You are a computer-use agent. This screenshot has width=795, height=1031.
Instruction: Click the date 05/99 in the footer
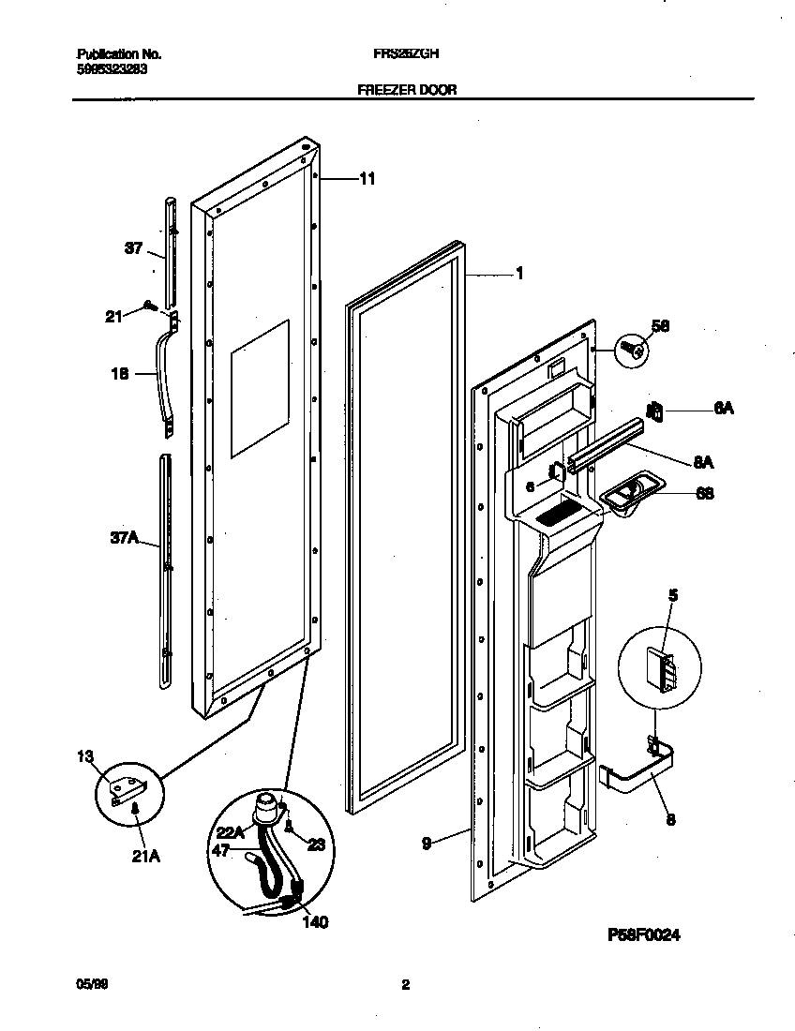coord(87,985)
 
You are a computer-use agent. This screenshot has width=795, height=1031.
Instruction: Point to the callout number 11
coord(367,178)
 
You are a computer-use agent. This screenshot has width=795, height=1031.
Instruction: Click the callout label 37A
coord(125,537)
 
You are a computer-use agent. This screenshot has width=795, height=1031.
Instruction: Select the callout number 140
coord(315,922)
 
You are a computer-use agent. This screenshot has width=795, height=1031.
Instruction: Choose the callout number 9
coord(427,844)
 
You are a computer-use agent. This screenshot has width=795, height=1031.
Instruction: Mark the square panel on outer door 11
coord(260,388)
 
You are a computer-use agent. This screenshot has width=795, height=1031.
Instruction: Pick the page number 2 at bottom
coord(405,985)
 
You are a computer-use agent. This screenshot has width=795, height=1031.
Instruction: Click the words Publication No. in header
coord(112,54)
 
